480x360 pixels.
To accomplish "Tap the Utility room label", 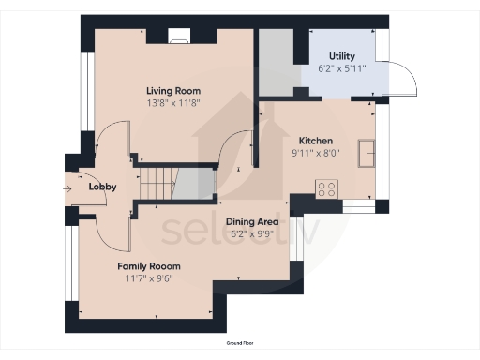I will pyautogui.click(x=341, y=56).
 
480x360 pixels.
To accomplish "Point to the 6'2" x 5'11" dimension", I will pyautogui.click(x=341, y=68).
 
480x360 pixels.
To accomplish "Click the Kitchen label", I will pyautogui.click(x=316, y=141).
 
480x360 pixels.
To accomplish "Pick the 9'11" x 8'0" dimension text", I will pyautogui.click(x=316, y=153).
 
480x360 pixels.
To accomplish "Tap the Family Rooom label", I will pyautogui.click(x=149, y=266).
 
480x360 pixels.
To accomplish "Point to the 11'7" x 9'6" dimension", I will pyautogui.click(x=149, y=278).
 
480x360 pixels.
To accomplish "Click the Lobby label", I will pyautogui.click(x=102, y=187).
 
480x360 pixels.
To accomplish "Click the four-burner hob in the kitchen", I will pyautogui.click(x=327, y=187).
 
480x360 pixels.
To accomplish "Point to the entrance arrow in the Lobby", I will pyautogui.click(x=70, y=187).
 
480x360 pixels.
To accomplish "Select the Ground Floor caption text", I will pyautogui.click(x=240, y=345).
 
